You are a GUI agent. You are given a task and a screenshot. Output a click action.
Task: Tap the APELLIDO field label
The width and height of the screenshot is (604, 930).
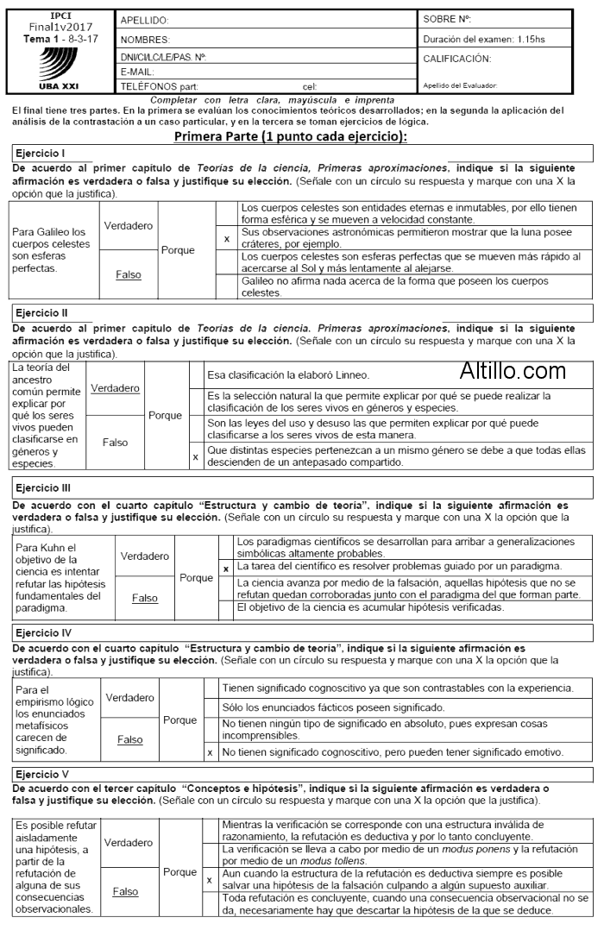coord(144,20)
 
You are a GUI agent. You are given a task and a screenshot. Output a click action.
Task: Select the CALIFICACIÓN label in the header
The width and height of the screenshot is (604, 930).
coord(457,59)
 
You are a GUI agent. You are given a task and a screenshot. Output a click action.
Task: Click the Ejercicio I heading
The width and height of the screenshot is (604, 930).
coord(41,153)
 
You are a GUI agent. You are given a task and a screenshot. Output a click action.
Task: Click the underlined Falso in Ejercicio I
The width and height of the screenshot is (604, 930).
coord(128,275)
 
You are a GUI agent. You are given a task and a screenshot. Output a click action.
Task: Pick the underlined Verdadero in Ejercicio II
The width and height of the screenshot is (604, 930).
coord(115,388)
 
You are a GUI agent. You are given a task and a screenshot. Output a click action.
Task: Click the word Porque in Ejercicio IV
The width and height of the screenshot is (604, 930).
coord(179,719)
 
